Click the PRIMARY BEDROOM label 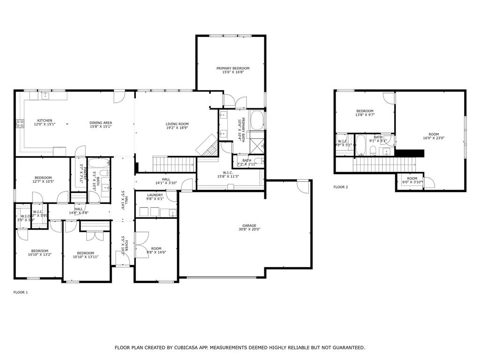(x=232, y=68)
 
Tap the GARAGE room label (x=249, y=225)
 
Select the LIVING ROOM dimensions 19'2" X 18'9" (x=177, y=127)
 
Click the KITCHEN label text (x=45, y=120)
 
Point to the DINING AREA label (x=101, y=123)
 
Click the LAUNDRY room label (x=155, y=195)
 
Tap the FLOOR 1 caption (x=21, y=292)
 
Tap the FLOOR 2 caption (x=341, y=187)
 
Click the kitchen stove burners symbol (x=20, y=124)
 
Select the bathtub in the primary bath (x=257, y=120)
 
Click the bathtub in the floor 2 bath (x=360, y=145)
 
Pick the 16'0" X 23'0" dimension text (x=434, y=138)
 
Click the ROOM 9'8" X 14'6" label (x=156, y=248)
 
